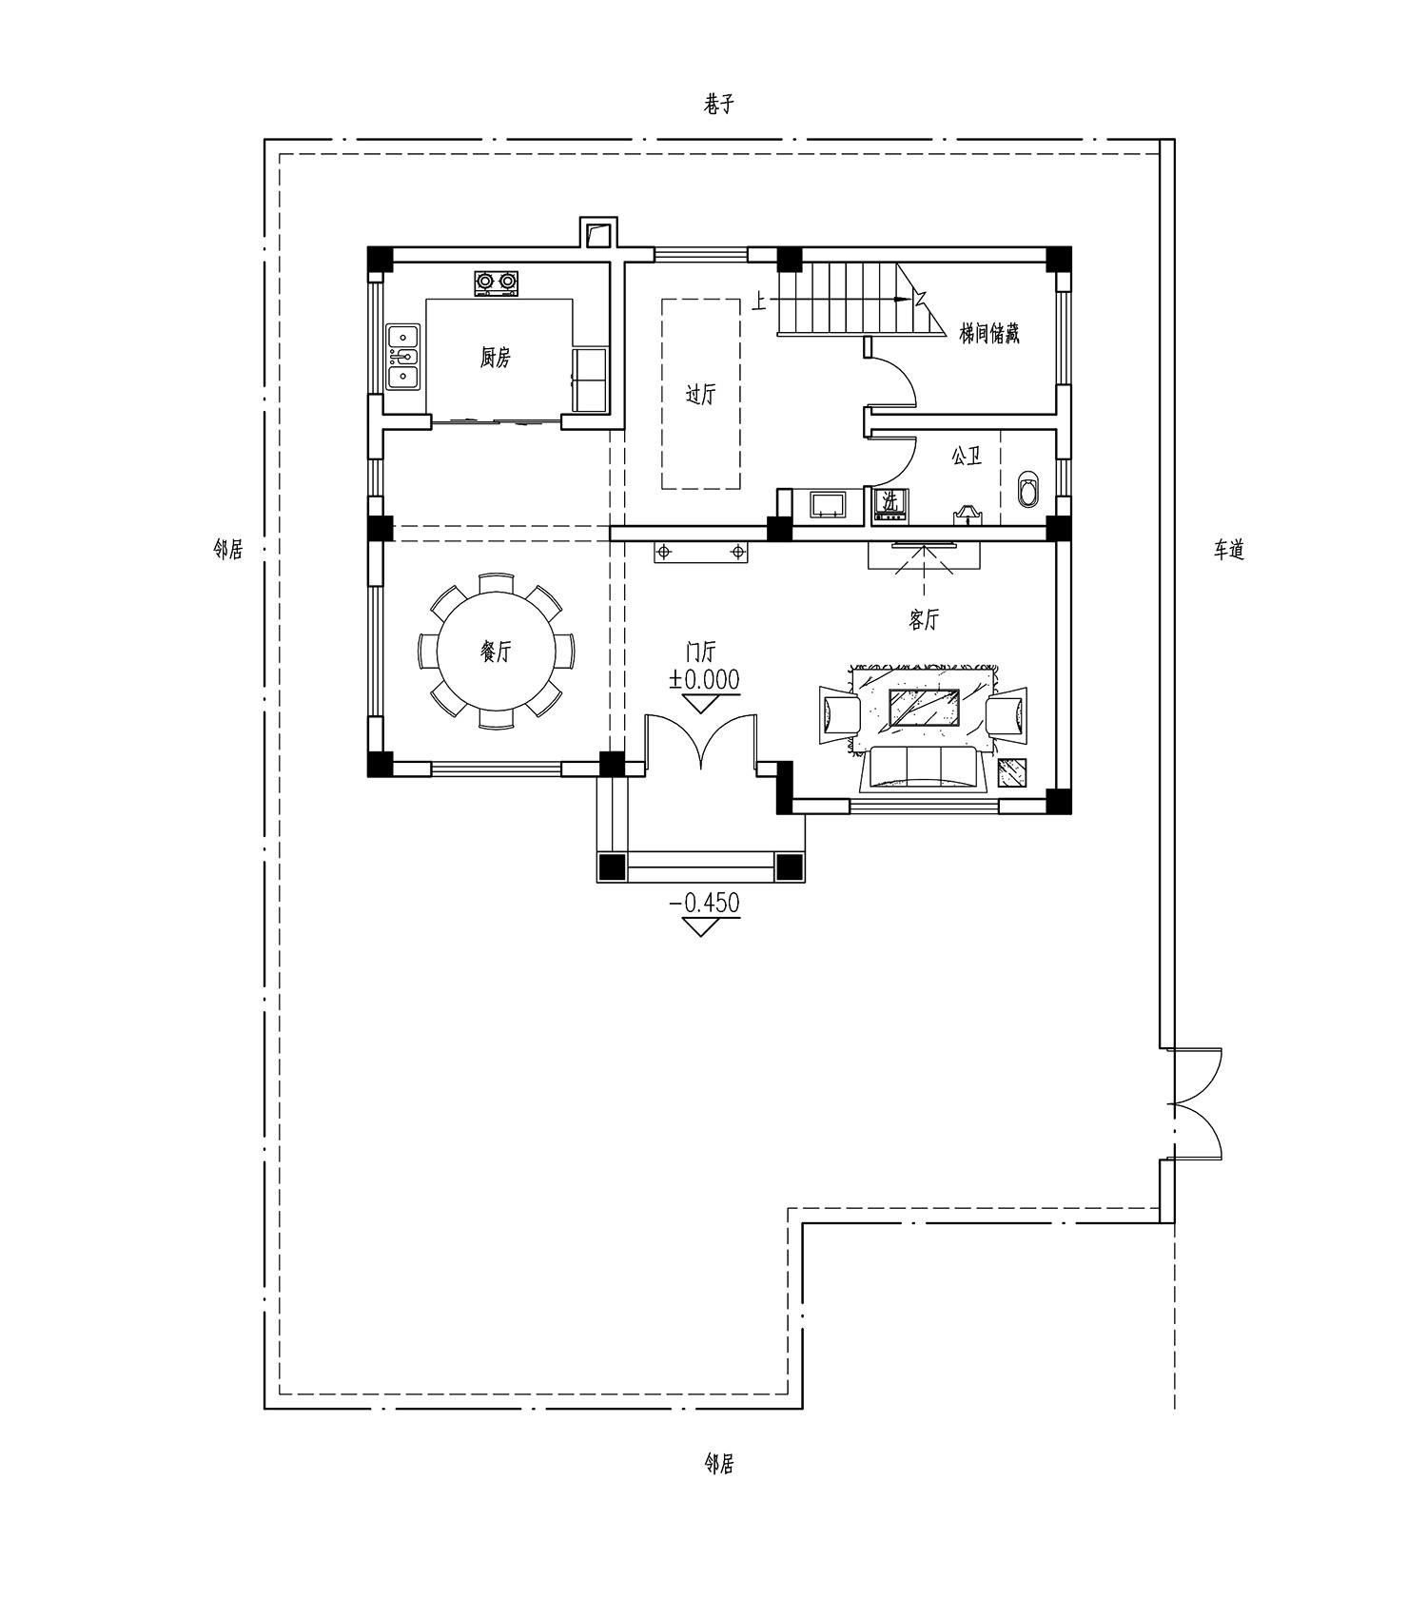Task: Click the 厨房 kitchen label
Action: click(496, 358)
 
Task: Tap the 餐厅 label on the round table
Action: click(496, 652)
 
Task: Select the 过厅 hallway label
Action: click(701, 394)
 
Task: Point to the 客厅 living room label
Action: click(924, 620)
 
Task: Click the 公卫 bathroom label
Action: click(967, 457)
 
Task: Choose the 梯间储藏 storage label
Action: click(989, 333)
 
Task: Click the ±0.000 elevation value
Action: click(704, 679)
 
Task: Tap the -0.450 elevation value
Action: click(705, 902)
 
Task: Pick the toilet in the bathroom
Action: click(1029, 489)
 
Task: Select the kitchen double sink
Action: click(403, 357)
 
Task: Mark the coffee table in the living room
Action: click(924, 709)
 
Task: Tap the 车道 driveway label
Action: click(1229, 550)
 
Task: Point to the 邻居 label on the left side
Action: click(228, 549)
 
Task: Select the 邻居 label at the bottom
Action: click(719, 1463)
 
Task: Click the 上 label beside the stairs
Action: click(758, 302)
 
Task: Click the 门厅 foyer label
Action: click(702, 653)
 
